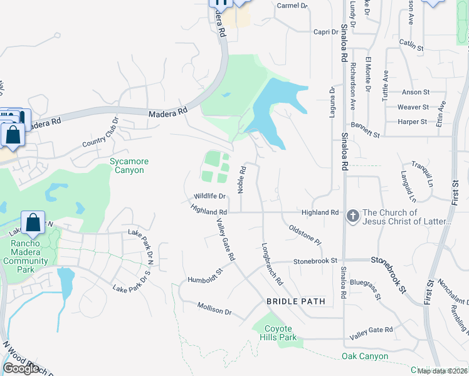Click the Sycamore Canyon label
[x=127, y=165]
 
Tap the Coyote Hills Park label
[x=278, y=333]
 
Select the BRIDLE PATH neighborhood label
[x=296, y=301]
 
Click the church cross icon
[x=353, y=216]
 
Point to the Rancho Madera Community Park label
[x=25, y=257]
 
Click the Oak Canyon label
[x=364, y=357]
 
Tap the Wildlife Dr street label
[x=209, y=196]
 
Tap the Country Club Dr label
[x=100, y=133]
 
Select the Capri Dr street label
[x=326, y=31]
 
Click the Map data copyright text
[x=442, y=371]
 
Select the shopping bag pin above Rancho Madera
[x=33, y=223]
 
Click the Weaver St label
[x=413, y=107]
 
